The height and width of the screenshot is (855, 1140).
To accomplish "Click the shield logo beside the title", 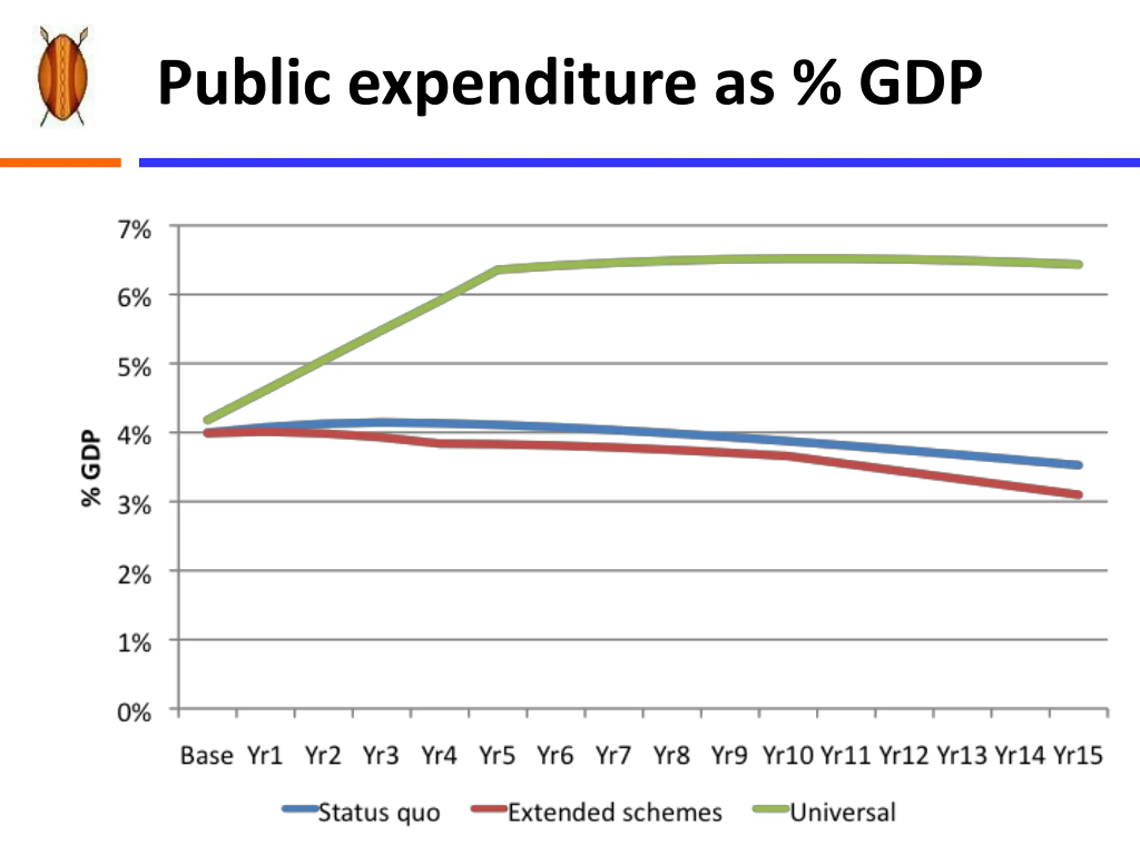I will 63,76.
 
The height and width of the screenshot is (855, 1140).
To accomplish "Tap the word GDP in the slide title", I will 920,82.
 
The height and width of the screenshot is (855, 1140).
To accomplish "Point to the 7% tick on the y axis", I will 134,229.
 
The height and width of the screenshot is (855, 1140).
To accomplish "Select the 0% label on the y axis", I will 134,713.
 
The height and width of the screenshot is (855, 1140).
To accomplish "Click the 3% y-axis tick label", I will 134,505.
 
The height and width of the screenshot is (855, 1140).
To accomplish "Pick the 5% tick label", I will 134,367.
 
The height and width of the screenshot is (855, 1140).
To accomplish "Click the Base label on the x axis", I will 206,756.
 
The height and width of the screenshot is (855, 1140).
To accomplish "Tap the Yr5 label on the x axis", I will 497,756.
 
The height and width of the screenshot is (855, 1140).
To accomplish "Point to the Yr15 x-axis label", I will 1078,756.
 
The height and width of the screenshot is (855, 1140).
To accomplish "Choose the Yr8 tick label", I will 672,756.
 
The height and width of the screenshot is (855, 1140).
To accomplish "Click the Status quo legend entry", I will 379,813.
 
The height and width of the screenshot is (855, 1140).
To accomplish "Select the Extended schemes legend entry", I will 615,813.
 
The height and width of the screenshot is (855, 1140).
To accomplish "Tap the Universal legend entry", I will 843,813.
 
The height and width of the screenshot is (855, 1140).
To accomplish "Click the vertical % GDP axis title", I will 91,468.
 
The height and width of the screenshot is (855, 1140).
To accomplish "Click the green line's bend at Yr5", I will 498,269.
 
